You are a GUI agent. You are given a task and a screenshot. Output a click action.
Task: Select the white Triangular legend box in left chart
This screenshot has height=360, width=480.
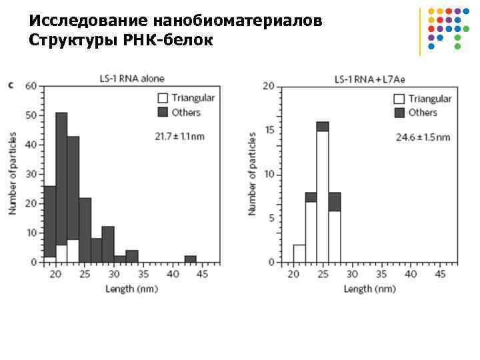tap(163, 98)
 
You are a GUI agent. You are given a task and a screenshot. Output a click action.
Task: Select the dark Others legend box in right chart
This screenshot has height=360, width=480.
tap(399, 113)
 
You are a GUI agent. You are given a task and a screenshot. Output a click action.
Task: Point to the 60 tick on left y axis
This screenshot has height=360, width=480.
tap(31, 86)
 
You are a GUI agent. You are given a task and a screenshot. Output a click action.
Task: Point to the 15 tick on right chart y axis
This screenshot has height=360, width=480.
tap(270, 131)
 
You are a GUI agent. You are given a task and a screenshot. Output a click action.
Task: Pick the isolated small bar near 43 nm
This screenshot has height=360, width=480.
tap(190, 259)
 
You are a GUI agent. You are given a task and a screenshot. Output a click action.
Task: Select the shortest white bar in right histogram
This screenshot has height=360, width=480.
tap(299, 254)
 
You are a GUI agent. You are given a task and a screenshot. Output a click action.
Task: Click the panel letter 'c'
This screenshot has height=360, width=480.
tap(11, 85)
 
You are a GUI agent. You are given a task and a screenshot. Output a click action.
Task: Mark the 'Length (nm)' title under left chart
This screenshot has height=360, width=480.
tap(131, 289)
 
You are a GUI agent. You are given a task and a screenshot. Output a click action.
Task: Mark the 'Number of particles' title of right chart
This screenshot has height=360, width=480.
tap(253, 173)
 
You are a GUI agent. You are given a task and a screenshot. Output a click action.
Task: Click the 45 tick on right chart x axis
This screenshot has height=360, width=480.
tap(440, 274)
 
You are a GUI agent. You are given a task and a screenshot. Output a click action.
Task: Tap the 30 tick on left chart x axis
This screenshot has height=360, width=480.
tap(115, 274)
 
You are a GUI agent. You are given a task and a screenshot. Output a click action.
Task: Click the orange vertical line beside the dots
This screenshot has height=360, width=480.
tap(421, 31)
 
